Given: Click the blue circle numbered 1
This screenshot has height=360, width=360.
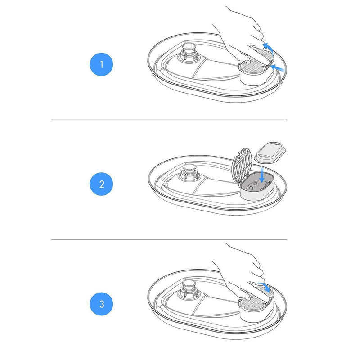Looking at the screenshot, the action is (x=101, y=64).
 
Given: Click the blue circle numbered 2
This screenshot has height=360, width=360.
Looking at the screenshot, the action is (x=101, y=184).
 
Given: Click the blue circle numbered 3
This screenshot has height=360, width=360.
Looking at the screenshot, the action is (x=101, y=304).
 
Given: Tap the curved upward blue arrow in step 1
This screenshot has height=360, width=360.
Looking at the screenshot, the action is (x=268, y=47).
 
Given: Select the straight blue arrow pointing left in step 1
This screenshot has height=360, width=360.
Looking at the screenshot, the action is (x=278, y=68).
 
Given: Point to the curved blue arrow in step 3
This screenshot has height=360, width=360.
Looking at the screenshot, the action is (x=265, y=286).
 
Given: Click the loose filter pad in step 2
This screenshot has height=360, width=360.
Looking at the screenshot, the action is (x=270, y=152).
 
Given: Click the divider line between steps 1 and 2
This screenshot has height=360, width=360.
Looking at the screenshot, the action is (x=169, y=120).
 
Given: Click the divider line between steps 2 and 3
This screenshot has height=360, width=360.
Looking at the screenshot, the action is (x=169, y=239).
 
